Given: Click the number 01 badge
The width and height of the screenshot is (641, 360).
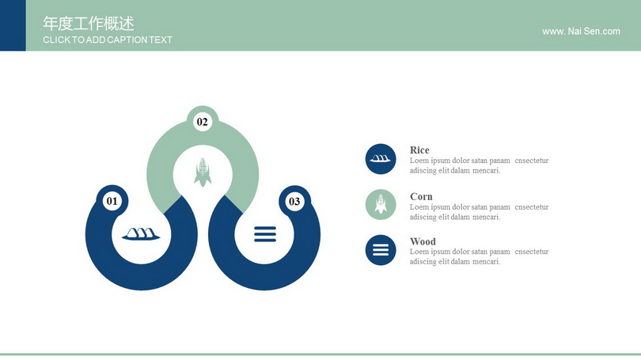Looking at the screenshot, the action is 112,201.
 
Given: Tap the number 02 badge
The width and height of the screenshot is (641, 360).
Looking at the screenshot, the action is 203,122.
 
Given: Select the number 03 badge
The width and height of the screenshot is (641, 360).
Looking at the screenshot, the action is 294,202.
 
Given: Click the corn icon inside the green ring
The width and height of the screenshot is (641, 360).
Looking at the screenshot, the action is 203,172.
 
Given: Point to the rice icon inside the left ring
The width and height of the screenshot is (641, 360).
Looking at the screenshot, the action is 141,234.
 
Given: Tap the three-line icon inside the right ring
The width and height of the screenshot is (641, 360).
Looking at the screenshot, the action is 265,234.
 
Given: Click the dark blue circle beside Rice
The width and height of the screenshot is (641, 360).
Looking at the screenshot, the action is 381,159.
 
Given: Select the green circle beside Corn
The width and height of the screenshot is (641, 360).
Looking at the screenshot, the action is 381,204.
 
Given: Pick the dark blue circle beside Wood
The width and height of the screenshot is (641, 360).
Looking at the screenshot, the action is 381,250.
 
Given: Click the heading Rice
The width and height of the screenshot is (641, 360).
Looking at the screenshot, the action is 419,150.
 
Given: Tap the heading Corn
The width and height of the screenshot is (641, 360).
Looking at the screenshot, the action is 421,196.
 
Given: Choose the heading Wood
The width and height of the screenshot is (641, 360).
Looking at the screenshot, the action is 423,241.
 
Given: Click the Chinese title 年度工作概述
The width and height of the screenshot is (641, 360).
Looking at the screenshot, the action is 89,24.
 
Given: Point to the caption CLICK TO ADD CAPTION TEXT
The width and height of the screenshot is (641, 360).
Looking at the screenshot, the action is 108,40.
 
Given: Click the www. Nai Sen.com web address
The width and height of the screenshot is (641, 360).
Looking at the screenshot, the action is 581,32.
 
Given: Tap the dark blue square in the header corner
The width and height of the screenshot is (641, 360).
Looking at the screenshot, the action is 13,25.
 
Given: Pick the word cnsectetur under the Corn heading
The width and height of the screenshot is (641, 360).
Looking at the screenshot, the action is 532,207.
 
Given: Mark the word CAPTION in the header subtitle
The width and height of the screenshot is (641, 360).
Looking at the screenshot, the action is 125,40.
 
